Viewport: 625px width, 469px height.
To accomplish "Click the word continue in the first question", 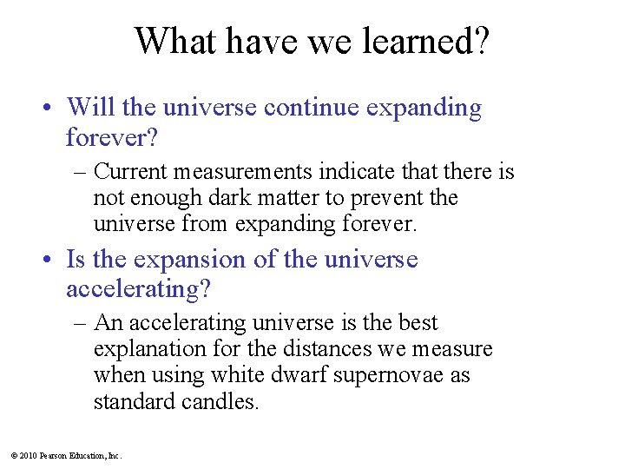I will click(x=312, y=108).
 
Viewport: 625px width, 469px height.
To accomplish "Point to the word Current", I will click(x=129, y=172).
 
